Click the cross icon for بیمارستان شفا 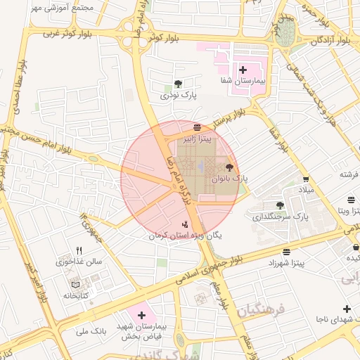pos(243,70)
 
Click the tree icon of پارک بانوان pos(229,167)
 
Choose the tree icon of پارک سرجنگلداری pos(281,205)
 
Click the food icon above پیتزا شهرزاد pos(286,251)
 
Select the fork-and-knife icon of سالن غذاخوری pos(79,250)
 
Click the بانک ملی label pos(89,330)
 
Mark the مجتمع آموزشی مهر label pos(61,6)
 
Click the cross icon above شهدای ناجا pos(347,309)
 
